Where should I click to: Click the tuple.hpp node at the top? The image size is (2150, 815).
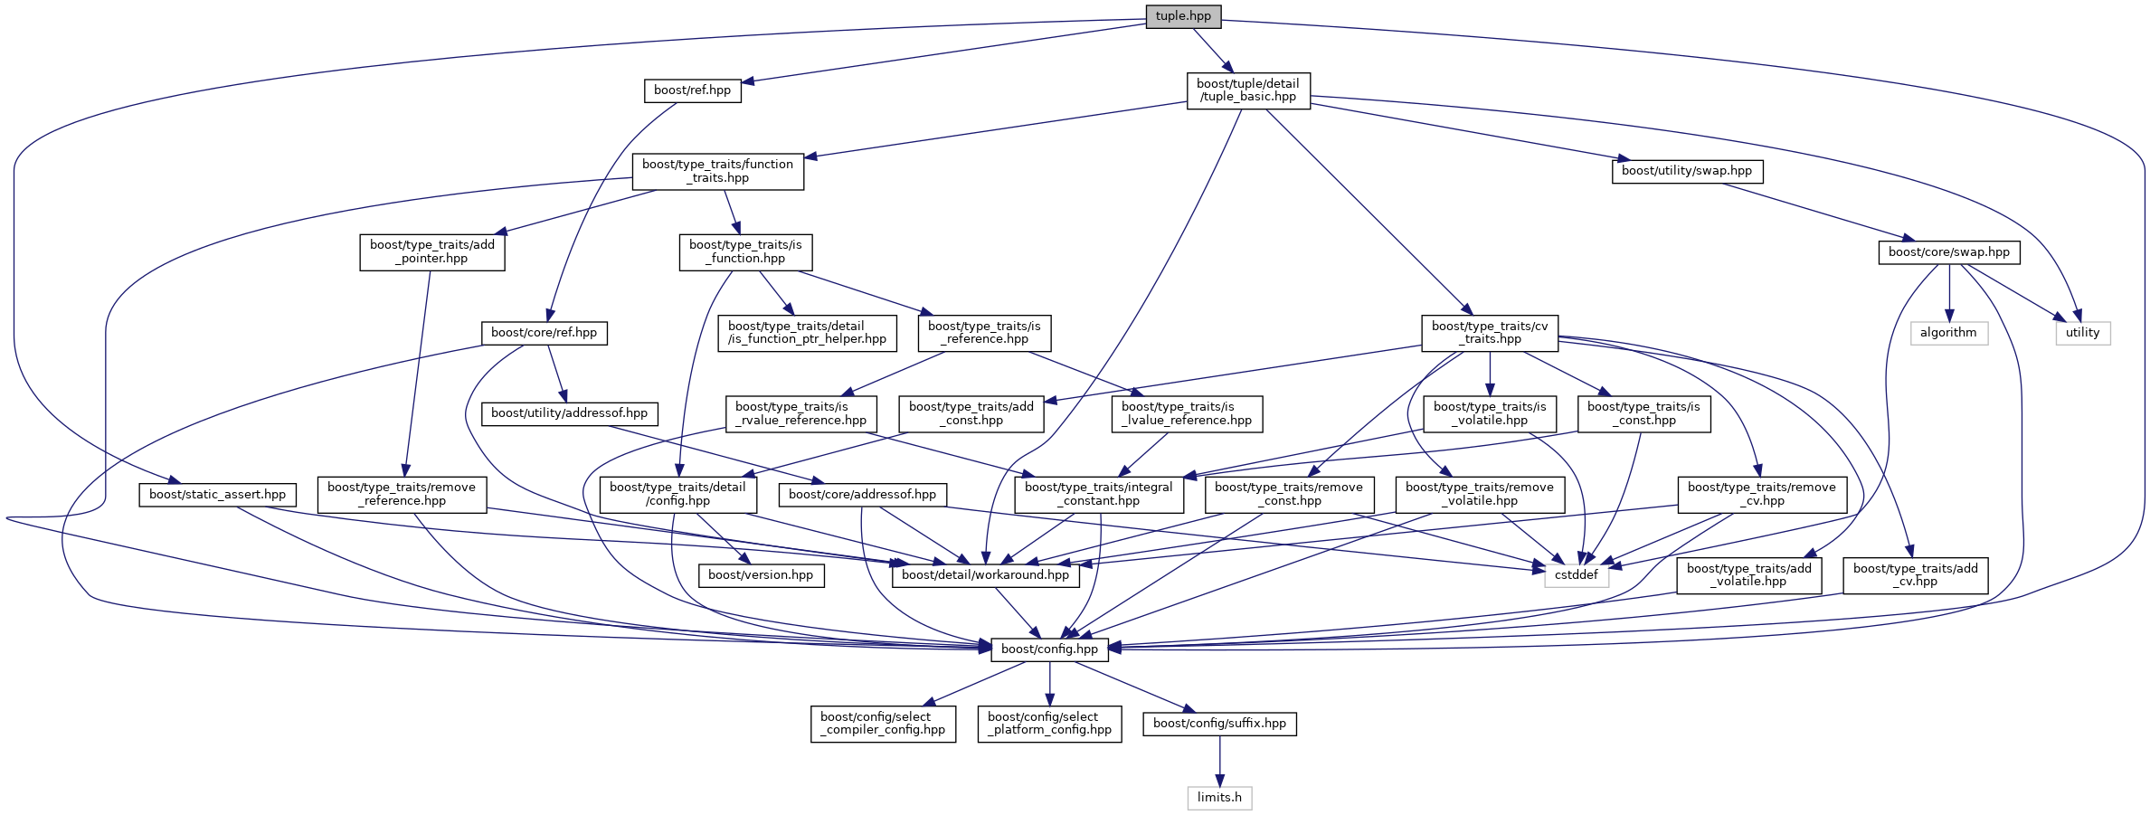tap(1183, 16)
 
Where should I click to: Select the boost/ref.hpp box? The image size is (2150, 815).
tap(692, 90)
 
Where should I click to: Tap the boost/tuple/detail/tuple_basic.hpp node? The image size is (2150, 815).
tap(1247, 90)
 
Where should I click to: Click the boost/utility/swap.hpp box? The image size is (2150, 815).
tap(1686, 171)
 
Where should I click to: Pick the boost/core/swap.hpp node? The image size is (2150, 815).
tap(1948, 252)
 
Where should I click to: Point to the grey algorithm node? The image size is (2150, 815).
tap(1948, 333)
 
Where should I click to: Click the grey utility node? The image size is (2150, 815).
tap(2082, 333)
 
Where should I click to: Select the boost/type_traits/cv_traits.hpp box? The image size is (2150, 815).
tap(1489, 333)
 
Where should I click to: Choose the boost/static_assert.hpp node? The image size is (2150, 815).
tap(217, 495)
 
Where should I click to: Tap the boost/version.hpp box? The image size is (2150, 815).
tap(760, 575)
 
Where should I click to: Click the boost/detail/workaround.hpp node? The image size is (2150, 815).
tap(985, 575)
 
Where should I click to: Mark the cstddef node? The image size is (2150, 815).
tap(1576, 575)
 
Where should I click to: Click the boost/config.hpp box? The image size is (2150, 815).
tap(1049, 649)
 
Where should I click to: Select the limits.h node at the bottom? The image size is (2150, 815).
tap(1219, 798)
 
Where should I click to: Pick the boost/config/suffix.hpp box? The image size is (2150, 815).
tap(1219, 724)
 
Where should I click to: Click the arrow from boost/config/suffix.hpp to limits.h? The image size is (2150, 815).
tap(1219, 760)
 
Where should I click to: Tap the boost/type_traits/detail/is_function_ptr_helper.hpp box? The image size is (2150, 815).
tap(807, 333)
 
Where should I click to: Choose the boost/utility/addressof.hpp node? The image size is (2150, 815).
tap(569, 413)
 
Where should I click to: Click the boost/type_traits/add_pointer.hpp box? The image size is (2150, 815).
tap(431, 252)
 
